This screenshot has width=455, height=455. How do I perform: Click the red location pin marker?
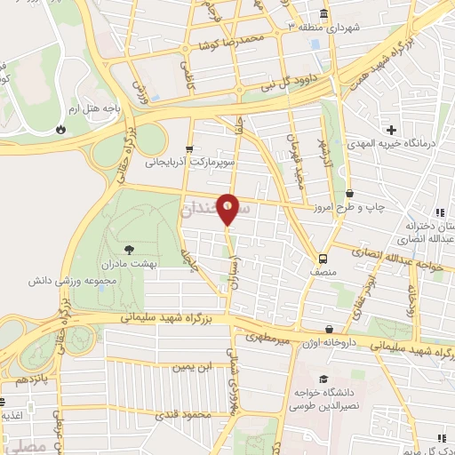click(228, 210)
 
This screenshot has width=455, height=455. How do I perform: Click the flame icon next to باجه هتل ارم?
click(60, 129)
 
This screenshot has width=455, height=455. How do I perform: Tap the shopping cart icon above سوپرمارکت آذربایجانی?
click(188, 148)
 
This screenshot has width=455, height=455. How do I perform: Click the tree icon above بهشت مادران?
click(131, 250)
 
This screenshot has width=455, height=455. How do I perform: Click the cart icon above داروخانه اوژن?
click(330, 328)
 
